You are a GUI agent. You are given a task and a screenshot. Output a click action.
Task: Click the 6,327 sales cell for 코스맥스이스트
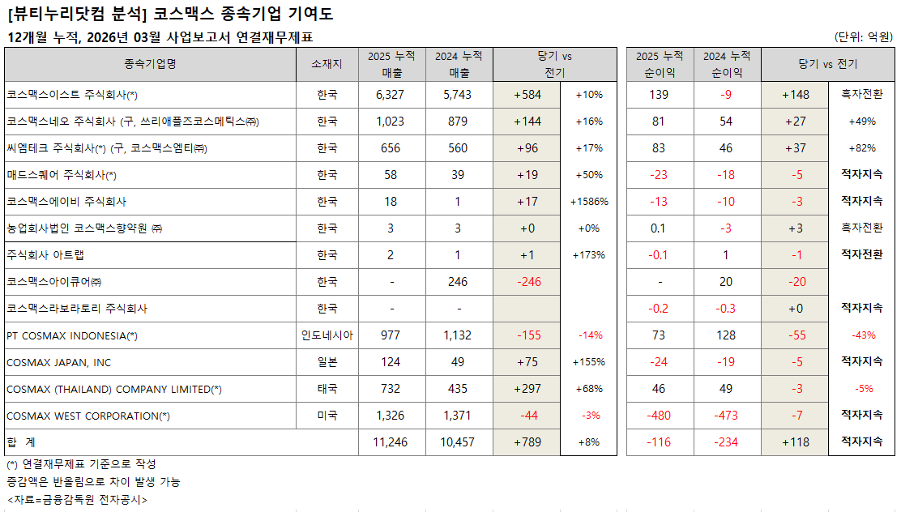[391, 95]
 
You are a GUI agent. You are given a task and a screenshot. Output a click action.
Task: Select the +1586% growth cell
[589, 202]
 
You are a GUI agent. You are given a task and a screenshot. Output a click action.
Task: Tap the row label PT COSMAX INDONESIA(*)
[72, 335]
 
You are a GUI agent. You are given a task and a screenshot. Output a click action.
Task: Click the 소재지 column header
[327, 65]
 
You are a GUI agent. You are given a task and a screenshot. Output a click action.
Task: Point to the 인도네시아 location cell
[327, 335]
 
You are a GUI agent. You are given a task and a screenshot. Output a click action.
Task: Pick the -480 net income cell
[659, 416]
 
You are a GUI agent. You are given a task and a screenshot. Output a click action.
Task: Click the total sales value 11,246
[391, 442]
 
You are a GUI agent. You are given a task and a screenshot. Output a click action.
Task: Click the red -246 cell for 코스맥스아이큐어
[527, 282]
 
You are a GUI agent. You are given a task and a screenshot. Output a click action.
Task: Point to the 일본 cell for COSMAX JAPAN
[327, 362]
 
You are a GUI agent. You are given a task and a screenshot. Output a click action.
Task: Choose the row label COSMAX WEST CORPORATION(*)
[88, 416]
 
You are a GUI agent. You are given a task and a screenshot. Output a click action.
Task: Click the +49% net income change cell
[861, 122]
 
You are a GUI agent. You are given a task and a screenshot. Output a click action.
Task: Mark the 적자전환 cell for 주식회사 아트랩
[861, 255]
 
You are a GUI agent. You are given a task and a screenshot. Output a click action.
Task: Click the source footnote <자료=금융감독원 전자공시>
[77, 500]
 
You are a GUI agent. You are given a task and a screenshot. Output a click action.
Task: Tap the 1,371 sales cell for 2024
[458, 416]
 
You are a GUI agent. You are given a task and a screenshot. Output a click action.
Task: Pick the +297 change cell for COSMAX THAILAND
[527, 389]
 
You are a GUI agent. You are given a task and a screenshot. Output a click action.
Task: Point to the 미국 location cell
[327, 416]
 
